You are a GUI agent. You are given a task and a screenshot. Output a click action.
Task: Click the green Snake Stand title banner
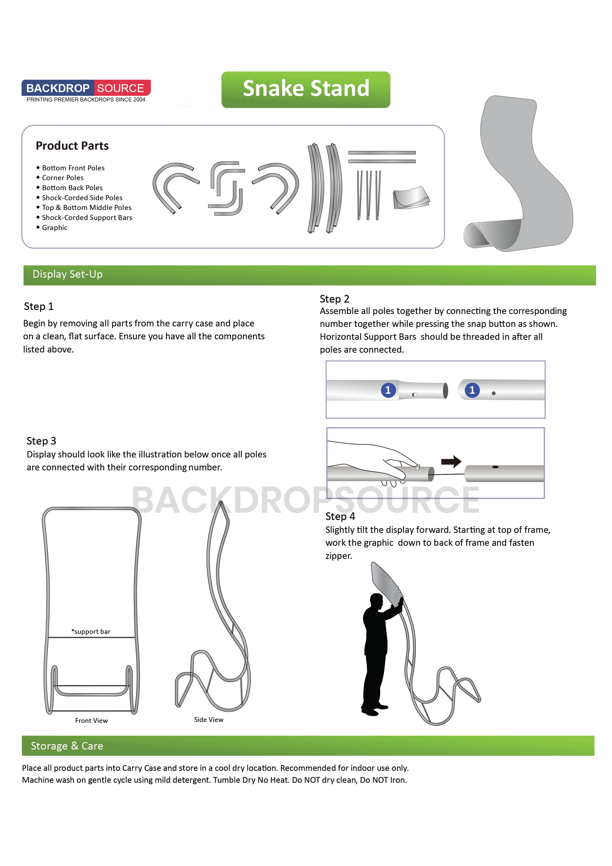tap(306, 89)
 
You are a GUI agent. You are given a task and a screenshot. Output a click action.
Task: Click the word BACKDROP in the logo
tap(58, 88)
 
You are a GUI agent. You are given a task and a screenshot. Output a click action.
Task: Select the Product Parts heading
tap(72, 146)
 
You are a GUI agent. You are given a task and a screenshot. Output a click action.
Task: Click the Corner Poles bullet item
tap(63, 178)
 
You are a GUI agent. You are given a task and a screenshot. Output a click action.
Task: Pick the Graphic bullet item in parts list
tap(55, 227)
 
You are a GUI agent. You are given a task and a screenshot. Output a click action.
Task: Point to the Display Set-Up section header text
tap(68, 274)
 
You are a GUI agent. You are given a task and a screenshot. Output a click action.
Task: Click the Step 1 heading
tap(38, 306)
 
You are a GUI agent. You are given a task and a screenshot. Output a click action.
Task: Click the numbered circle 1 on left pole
tap(388, 390)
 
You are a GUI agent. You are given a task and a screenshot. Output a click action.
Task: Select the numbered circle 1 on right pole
tap(472, 390)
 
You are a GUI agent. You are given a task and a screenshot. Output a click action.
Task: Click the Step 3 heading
tap(41, 441)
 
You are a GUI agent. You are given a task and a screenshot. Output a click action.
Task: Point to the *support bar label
tap(91, 631)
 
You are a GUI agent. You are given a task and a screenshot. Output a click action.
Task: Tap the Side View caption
tap(209, 719)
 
